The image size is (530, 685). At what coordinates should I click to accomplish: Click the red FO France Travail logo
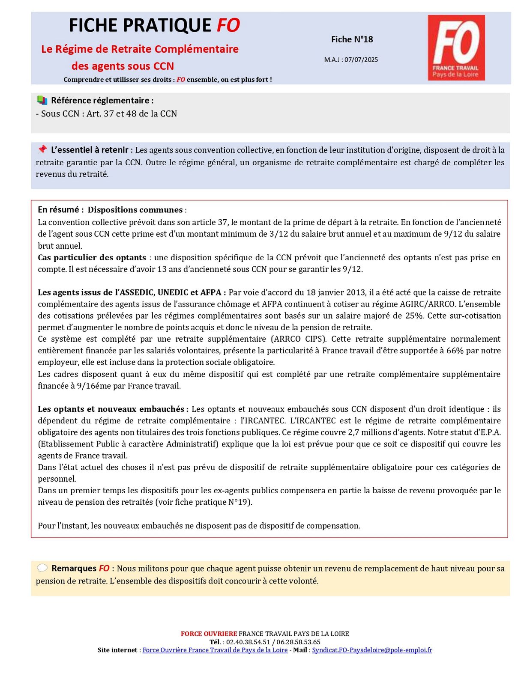[x=456, y=48]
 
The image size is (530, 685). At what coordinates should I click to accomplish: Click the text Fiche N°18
[x=352, y=39]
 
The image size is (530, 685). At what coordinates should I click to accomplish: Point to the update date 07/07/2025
[x=361, y=60]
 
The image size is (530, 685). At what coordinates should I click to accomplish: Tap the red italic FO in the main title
[x=228, y=25]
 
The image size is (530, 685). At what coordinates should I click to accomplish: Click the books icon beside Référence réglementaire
[x=42, y=100]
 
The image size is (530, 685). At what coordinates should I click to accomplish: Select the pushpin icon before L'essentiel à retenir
[x=42, y=149]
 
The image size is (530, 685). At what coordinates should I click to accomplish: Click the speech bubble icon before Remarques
[x=42, y=568]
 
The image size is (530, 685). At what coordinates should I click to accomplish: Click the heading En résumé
[x=58, y=210]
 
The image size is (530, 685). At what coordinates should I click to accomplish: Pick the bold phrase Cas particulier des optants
[x=92, y=257]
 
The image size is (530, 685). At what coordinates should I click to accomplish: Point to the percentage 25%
[x=414, y=316]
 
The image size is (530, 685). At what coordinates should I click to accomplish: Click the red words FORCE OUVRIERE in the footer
[x=209, y=634]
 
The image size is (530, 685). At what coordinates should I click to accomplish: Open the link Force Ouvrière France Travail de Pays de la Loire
[x=215, y=650]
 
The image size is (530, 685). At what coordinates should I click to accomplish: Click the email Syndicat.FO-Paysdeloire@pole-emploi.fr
[x=372, y=650]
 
